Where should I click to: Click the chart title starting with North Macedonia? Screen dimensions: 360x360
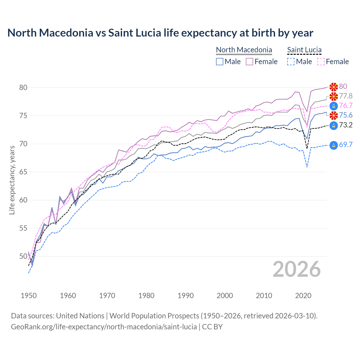pyautogui.click(x=160, y=33)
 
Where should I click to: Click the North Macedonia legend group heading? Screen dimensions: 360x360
pyautogui.click(x=244, y=50)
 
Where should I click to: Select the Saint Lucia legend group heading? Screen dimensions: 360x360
pyautogui.click(x=304, y=50)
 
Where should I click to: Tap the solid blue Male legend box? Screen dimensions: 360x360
pyautogui.click(x=220, y=62)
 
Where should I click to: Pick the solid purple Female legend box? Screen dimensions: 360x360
pyautogui.click(x=249, y=62)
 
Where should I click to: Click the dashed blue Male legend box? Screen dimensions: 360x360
pyautogui.click(x=291, y=62)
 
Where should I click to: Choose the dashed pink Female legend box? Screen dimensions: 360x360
pyautogui.click(x=321, y=62)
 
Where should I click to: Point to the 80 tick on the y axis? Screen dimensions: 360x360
pyautogui.click(x=23, y=87)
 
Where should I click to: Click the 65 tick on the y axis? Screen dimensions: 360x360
pyautogui.click(x=23, y=172)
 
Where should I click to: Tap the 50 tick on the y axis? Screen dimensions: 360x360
pyautogui.click(x=23, y=256)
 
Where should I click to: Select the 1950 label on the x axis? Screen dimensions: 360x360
pyautogui.click(x=29, y=296)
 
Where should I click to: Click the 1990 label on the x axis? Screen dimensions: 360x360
pyautogui.click(x=186, y=296)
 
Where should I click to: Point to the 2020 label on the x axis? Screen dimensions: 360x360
pyautogui.click(x=303, y=296)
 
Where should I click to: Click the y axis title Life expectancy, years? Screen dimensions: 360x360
pyautogui.click(x=12, y=180)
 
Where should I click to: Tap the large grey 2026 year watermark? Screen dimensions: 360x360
pyautogui.click(x=297, y=269)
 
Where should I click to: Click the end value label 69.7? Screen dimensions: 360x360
pyautogui.click(x=346, y=145)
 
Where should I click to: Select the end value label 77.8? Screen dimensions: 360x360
pyautogui.click(x=346, y=96)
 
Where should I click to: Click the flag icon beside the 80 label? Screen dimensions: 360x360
pyautogui.click(x=334, y=87)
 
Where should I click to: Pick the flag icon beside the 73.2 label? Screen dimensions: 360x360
pyautogui.click(x=334, y=125)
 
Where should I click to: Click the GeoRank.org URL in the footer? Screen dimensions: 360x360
pyautogui.click(x=104, y=327)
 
